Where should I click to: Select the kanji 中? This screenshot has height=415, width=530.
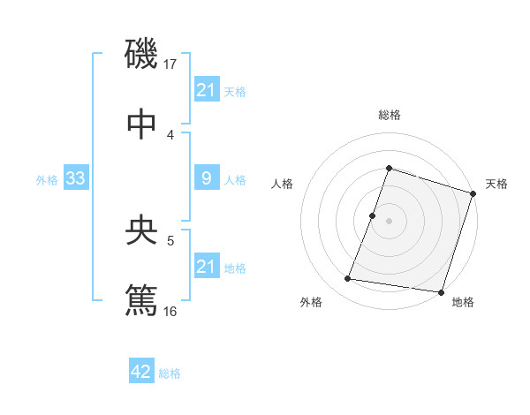(x=141, y=123)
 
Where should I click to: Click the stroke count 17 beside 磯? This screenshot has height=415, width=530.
(x=170, y=64)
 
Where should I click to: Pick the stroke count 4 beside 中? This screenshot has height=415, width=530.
(x=170, y=134)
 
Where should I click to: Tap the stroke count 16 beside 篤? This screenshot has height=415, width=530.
(x=171, y=311)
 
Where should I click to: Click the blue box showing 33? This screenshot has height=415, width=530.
(x=75, y=179)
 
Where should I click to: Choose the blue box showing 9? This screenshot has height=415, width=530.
(x=206, y=178)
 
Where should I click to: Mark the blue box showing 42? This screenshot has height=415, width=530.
(x=141, y=372)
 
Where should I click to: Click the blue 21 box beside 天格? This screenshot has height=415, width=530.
(x=206, y=89)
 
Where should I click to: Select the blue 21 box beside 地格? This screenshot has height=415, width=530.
(x=206, y=267)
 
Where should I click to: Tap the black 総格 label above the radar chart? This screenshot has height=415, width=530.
(x=390, y=115)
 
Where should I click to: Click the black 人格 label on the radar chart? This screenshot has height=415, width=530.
(x=283, y=184)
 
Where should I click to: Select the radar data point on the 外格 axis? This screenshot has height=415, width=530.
(x=348, y=279)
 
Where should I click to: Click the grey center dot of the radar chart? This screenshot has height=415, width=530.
(x=390, y=221)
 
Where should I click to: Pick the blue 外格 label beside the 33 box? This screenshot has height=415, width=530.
(x=47, y=180)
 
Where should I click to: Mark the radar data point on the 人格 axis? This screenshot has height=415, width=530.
(x=373, y=215)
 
